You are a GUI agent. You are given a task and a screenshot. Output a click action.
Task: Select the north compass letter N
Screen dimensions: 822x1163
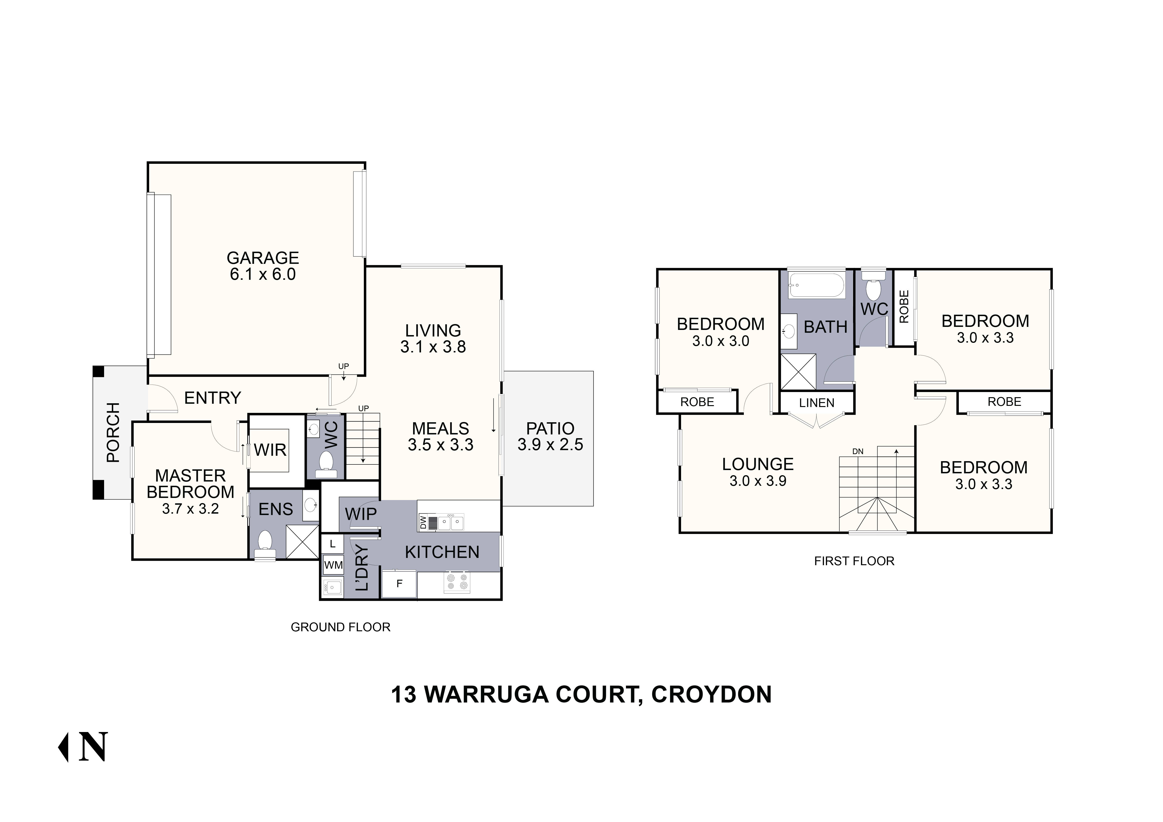pos(93,747)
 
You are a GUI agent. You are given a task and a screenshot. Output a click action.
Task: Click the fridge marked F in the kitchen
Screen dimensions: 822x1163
pos(399,584)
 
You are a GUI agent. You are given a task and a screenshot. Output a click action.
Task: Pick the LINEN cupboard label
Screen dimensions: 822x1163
pos(817,403)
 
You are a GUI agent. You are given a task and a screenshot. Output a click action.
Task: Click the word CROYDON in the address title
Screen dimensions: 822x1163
pos(711,695)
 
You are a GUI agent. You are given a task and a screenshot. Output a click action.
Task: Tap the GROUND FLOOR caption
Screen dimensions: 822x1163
pos(340,627)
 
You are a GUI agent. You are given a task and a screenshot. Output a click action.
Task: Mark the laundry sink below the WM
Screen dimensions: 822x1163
pos(332,587)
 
